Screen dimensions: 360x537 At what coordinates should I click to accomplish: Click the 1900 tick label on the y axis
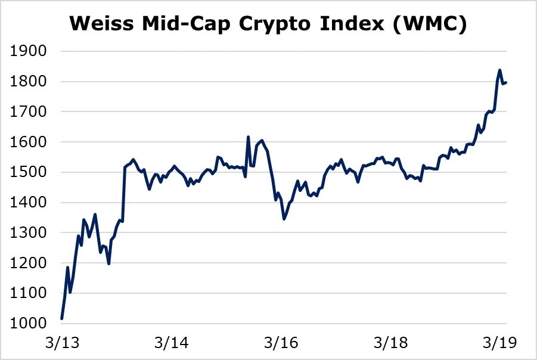coord(29,51)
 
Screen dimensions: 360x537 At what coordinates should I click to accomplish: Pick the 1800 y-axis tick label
coord(29,82)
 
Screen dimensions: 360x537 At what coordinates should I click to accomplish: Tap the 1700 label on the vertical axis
coord(29,112)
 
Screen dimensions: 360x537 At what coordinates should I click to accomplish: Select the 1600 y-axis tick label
coord(29,142)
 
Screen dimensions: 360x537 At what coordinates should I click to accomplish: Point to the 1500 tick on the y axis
coord(29,173)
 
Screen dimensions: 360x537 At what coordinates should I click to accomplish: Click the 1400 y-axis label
coord(29,203)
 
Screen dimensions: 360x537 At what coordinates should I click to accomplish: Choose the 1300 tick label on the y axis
coord(29,233)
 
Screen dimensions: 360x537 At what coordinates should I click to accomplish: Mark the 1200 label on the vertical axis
coord(29,263)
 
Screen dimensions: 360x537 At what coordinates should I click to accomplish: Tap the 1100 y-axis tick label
coord(29,294)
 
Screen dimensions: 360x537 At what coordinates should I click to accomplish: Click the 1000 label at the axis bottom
coord(29,324)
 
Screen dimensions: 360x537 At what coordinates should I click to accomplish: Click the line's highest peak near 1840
coord(499,70)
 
